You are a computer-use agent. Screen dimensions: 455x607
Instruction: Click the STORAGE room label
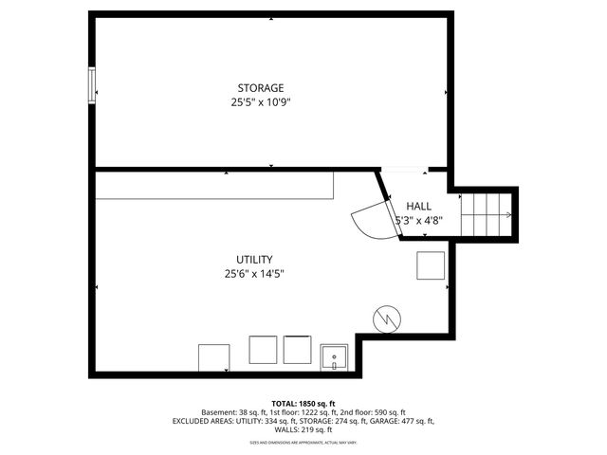pos(260,88)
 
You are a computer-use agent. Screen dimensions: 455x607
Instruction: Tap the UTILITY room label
pos(254,260)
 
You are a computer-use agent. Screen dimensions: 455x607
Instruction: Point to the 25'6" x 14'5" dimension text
pos(254,274)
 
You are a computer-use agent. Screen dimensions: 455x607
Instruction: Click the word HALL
pos(418,207)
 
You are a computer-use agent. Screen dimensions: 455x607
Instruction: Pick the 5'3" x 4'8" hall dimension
pos(418,220)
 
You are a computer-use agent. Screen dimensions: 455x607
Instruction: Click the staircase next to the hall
pos(487,215)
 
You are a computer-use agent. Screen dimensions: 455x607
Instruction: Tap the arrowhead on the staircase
pos(510,215)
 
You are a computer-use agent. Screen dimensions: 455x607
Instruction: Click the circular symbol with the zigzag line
pos(387,319)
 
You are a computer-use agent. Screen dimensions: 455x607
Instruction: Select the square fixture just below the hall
pos(431,266)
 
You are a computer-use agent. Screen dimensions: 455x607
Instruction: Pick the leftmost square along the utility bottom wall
pos(213,358)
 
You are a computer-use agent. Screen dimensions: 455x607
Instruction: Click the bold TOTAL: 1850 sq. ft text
pos(303,403)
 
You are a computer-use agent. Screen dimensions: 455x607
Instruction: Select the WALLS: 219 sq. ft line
pos(303,429)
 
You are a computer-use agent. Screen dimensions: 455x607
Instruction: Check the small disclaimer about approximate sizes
pos(303,442)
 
